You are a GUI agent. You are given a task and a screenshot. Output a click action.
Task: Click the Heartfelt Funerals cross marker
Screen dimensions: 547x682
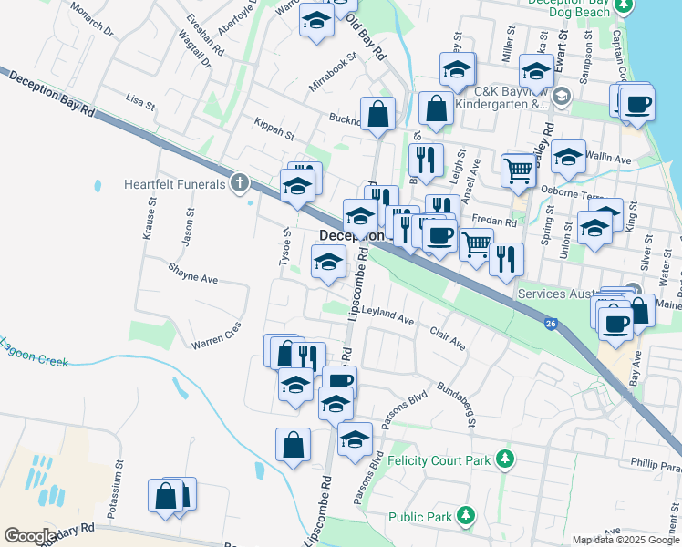[x=240, y=183]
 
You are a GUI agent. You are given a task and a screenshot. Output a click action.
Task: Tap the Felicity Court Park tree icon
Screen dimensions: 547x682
[x=506, y=460]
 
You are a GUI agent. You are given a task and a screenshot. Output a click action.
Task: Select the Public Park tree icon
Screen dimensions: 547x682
[x=467, y=516]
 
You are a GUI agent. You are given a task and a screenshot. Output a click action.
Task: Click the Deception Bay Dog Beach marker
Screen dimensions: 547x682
[x=624, y=7]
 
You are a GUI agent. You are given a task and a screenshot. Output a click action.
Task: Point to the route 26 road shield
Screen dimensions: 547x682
[x=551, y=323]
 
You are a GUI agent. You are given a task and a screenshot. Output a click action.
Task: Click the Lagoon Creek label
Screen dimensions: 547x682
[x=35, y=353]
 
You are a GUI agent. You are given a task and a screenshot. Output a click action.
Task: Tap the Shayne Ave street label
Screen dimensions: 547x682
[x=192, y=273]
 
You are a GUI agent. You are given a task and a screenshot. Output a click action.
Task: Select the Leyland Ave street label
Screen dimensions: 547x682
[x=387, y=315]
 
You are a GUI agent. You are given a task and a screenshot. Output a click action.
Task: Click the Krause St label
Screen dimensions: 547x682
[x=147, y=221]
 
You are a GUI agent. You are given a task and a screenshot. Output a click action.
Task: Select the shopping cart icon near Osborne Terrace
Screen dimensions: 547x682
[x=518, y=169]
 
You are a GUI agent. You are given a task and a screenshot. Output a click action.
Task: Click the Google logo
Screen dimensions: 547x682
[x=29, y=536]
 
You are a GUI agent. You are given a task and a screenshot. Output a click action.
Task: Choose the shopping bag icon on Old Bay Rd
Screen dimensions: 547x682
[x=377, y=114]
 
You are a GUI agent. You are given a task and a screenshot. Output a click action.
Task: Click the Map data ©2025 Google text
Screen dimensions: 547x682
[x=625, y=540]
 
